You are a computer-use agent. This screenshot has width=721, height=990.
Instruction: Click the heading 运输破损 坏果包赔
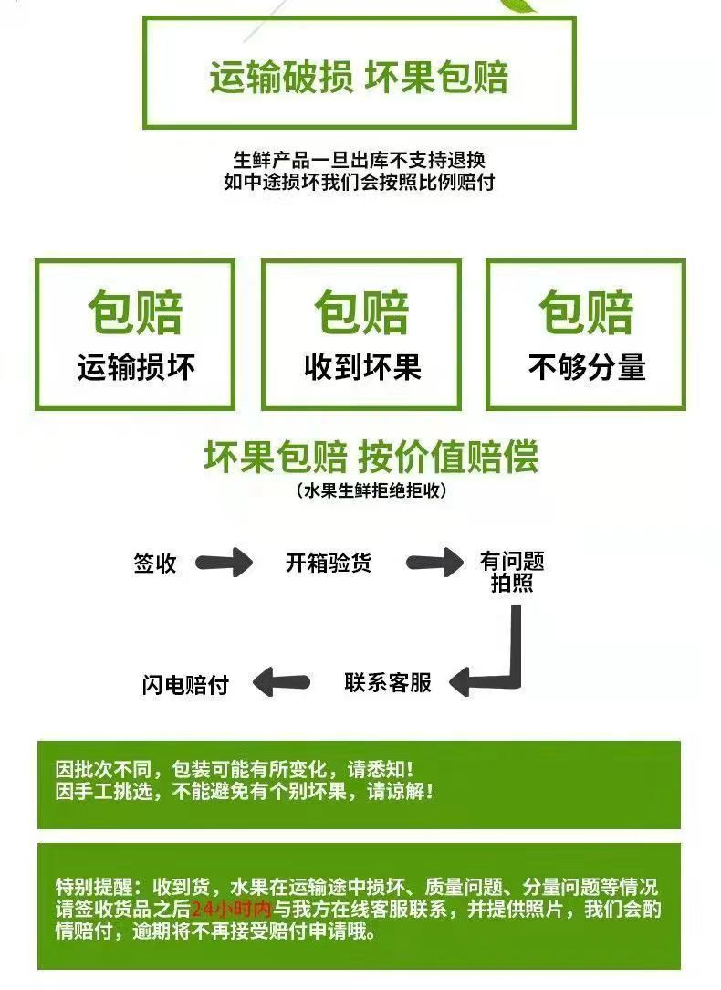pyautogui.click(x=359, y=78)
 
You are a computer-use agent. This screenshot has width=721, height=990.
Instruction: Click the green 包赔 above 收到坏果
pyautogui.click(x=361, y=312)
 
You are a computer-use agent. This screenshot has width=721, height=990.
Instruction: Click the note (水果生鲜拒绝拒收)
pyautogui.click(x=371, y=491)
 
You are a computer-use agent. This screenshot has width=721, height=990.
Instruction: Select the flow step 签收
pyautogui.click(x=154, y=563)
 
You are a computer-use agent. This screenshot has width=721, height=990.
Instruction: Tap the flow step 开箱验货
pyautogui.click(x=329, y=563)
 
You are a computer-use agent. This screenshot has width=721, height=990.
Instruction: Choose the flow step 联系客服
pyautogui.click(x=388, y=682)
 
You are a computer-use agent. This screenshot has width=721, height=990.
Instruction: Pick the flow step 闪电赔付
pyautogui.click(x=185, y=684)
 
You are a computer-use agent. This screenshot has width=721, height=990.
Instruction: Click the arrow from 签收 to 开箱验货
pyautogui.click(x=225, y=563)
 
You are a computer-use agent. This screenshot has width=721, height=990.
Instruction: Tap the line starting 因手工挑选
pyautogui.click(x=244, y=791)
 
